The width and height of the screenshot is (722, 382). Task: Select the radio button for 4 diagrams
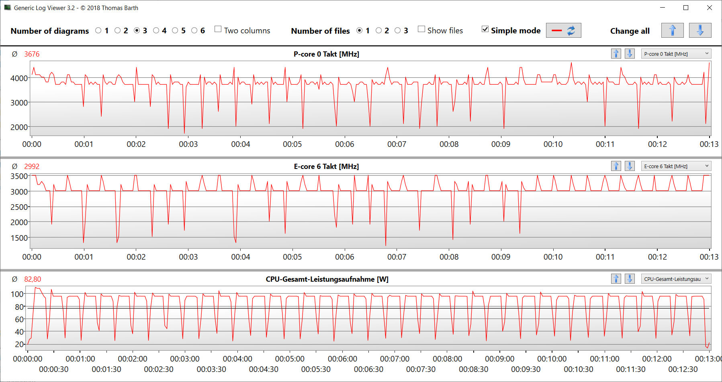coord(156,30)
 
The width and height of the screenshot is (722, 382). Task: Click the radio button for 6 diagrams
coord(194,30)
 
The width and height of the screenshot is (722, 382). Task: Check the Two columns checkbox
coord(218,29)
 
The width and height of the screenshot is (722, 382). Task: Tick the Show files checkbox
coord(421,29)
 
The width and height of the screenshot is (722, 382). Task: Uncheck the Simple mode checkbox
coord(485,29)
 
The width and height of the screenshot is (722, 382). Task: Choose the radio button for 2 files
coord(378,30)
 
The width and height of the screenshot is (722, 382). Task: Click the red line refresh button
coord(563,30)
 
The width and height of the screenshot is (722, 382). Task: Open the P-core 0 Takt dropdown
coord(676,54)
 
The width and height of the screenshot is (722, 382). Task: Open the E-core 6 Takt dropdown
coord(676,166)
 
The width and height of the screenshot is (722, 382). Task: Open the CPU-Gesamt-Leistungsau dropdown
coord(676,279)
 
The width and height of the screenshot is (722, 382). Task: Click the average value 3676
coord(32,54)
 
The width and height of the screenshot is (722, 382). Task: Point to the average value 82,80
coord(33,279)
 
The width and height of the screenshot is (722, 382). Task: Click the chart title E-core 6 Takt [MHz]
coord(326,167)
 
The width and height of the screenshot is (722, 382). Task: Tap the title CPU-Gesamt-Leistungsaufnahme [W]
coord(327,279)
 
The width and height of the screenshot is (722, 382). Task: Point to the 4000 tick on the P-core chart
coord(19,78)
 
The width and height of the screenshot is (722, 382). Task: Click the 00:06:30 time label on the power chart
coord(368,369)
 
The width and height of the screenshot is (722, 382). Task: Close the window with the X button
coord(710,8)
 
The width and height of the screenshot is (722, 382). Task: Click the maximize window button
coord(686,8)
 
